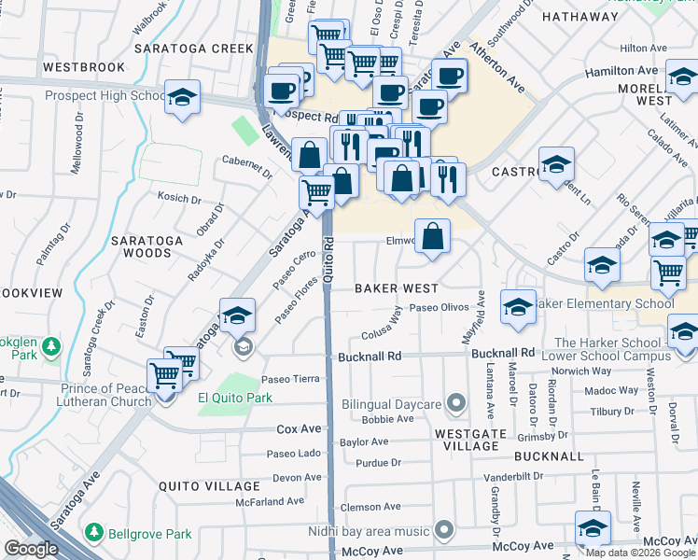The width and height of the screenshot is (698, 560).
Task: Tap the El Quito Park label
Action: click(234, 397)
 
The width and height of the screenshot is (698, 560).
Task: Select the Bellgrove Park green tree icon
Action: click(94, 533)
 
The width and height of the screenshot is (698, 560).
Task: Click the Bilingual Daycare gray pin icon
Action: click(455, 403)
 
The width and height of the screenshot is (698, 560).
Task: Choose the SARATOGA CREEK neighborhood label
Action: click(194, 48)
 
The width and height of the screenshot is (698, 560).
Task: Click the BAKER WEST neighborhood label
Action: click(396, 288)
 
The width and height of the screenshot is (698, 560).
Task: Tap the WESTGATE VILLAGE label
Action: click(472, 440)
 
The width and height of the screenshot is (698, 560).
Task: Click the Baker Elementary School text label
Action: click(606, 303)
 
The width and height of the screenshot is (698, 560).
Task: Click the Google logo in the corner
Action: click(31, 549)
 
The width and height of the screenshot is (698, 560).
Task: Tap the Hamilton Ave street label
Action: click(621, 71)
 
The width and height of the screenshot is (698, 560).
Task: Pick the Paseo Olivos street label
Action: click(436, 308)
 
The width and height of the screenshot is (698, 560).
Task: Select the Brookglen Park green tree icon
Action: click(51, 348)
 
